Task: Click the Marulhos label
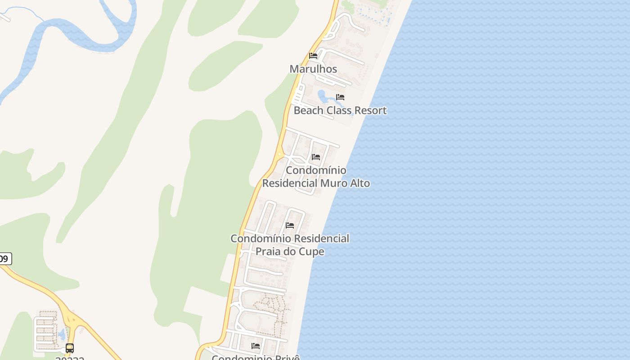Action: click(x=313, y=69)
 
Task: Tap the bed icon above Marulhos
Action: click(x=313, y=56)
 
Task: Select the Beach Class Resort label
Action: click(x=340, y=110)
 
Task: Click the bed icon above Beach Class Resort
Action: click(x=340, y=97)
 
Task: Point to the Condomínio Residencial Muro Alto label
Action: click(x=316, y=176)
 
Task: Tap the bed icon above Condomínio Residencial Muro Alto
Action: click(x=316, y=157)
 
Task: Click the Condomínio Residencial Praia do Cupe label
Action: click(x=290, y=245)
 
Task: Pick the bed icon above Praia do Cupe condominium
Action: click(x=290, y=225)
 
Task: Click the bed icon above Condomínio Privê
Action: click(x=256, y=346)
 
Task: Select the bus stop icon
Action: click(x=70, y=348)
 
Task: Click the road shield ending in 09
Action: click(x=5, y=259)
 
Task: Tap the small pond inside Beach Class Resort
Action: click(x=324, y=96)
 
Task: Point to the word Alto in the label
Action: click(x=359, y=183)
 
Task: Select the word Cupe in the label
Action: click(x=312, y=252)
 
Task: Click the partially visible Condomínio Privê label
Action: click(x=256, y=357)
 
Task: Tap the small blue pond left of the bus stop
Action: click(x=62, y=334)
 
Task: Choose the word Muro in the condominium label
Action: click(x=333, y=183)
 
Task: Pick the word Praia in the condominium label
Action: click(x=269, y=252)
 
